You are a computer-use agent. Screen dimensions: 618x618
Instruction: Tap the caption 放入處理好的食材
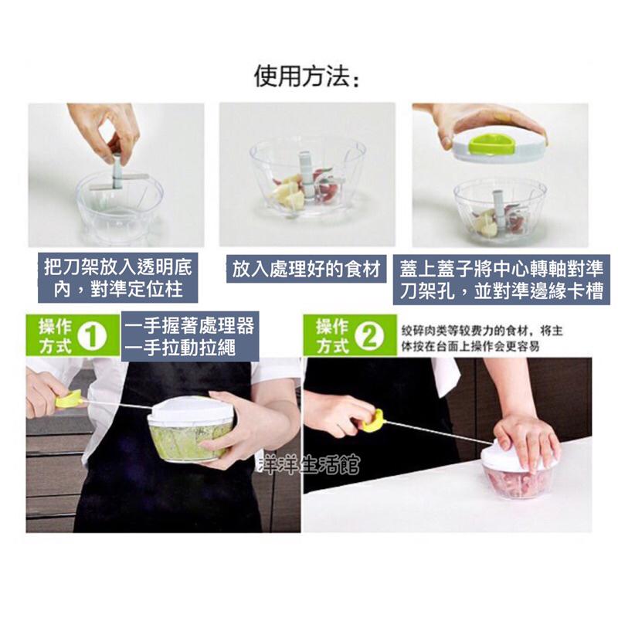tap(307, 270)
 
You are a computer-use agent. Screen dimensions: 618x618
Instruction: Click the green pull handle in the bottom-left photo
tap(70, 399)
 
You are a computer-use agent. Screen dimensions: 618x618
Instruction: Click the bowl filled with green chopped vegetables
tap(189, 440)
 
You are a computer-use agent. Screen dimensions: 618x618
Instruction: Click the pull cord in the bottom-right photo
tap(433, 433)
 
